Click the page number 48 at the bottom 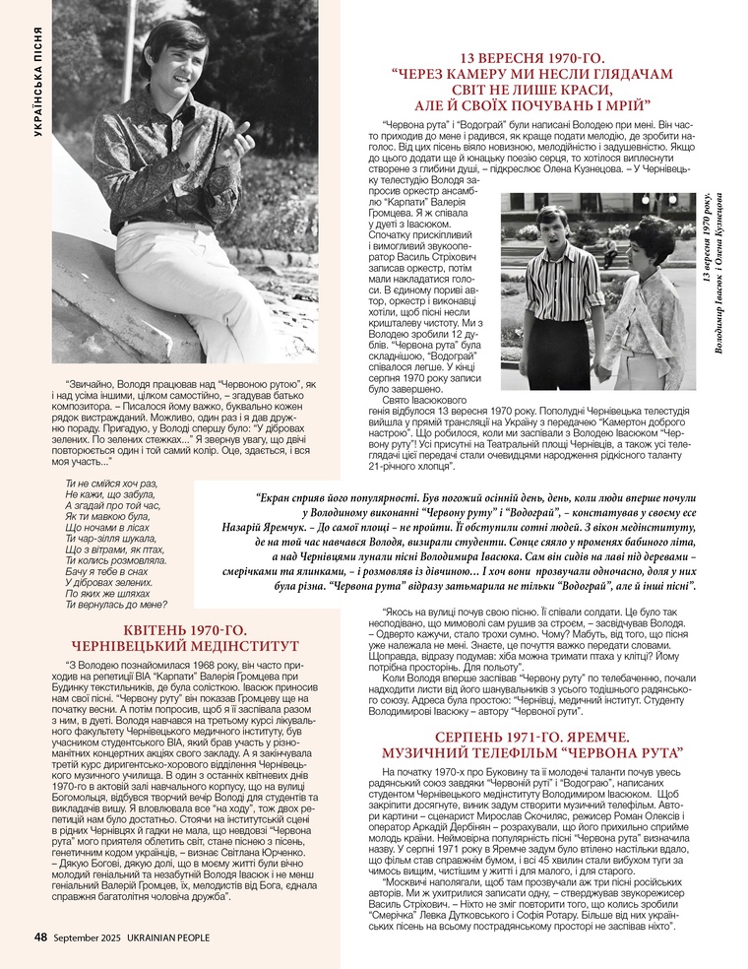(40, 937)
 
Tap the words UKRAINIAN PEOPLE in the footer (165, 937)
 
